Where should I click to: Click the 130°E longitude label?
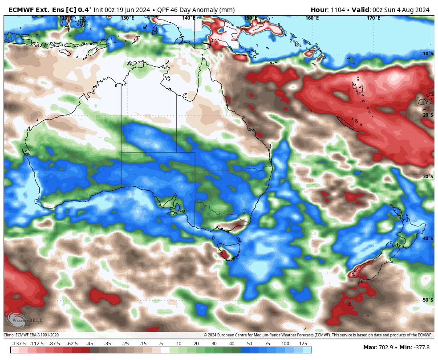pyautogui.click(x=127, y=18)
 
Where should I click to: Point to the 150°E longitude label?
pyautogui.click(x=251, y=18)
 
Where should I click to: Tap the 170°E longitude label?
pyautogui.click(x=373, y=18)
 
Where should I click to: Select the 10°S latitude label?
pyautogui.click(x=428, y=53)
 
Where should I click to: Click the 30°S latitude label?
pyautogui.click(x=428, y=176)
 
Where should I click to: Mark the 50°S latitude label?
pyautogui.click(x=428, y=300)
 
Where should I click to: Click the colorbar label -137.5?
pyautogui.click(x=19, y=344)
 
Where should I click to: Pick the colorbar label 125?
pyautogui.click(x=303, y=344)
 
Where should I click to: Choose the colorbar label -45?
pyautogui.click(x=89, y=344)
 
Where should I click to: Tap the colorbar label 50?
pyautogui.click(x=249, y=344)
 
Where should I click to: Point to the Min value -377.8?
pyautogui.click(x=421, y=348)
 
